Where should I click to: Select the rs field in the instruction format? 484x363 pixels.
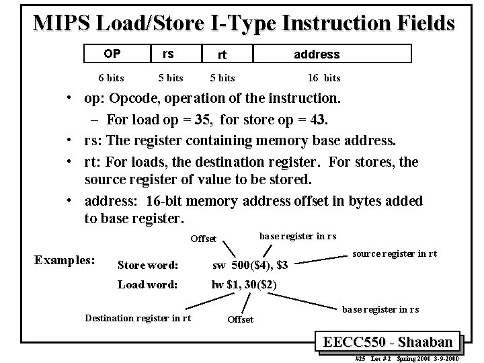click(168, 53)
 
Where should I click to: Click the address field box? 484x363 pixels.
click(316, 54)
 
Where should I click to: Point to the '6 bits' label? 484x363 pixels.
click(111, 78)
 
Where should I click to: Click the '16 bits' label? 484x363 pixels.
click(323, 78)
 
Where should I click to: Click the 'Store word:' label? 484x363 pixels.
click(148, 265)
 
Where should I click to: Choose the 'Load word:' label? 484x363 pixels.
click(148, 284)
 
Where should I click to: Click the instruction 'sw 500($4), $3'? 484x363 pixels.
click(250, 266)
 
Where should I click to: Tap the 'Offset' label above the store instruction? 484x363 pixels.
click(203, 239)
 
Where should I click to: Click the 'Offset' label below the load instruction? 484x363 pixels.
click(241, 319)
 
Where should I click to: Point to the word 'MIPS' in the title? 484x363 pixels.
click(65, 24)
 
